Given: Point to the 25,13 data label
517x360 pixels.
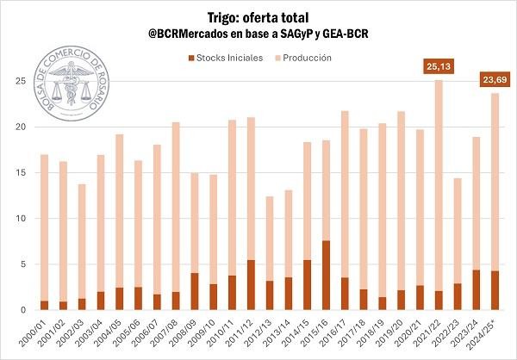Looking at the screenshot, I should [439, 65].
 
